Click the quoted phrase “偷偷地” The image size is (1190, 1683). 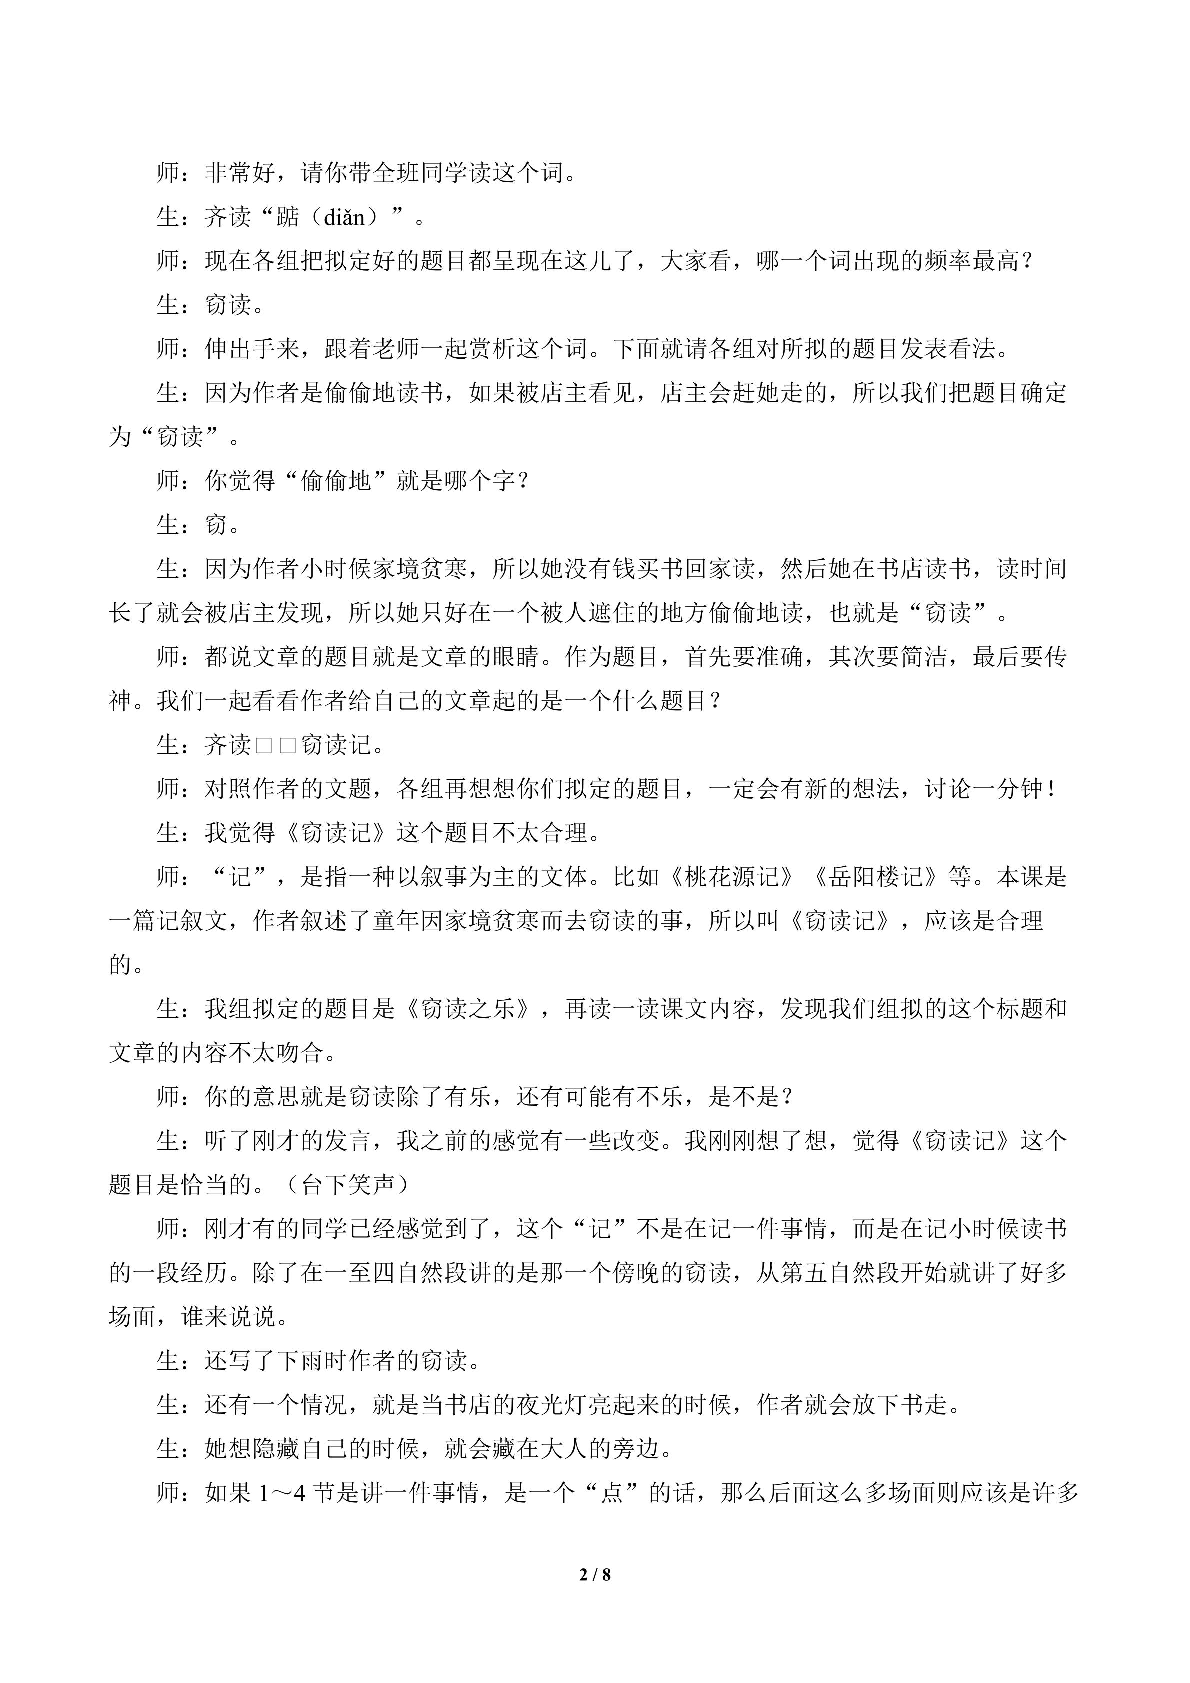335,481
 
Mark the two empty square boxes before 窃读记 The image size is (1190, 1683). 275,745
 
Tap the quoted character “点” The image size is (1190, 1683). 611,1493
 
